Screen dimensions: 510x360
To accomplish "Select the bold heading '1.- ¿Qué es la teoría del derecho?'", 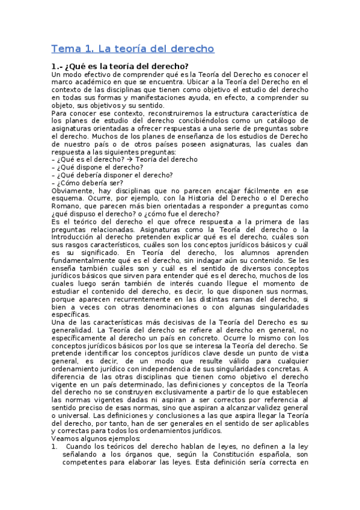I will pos(120,66).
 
